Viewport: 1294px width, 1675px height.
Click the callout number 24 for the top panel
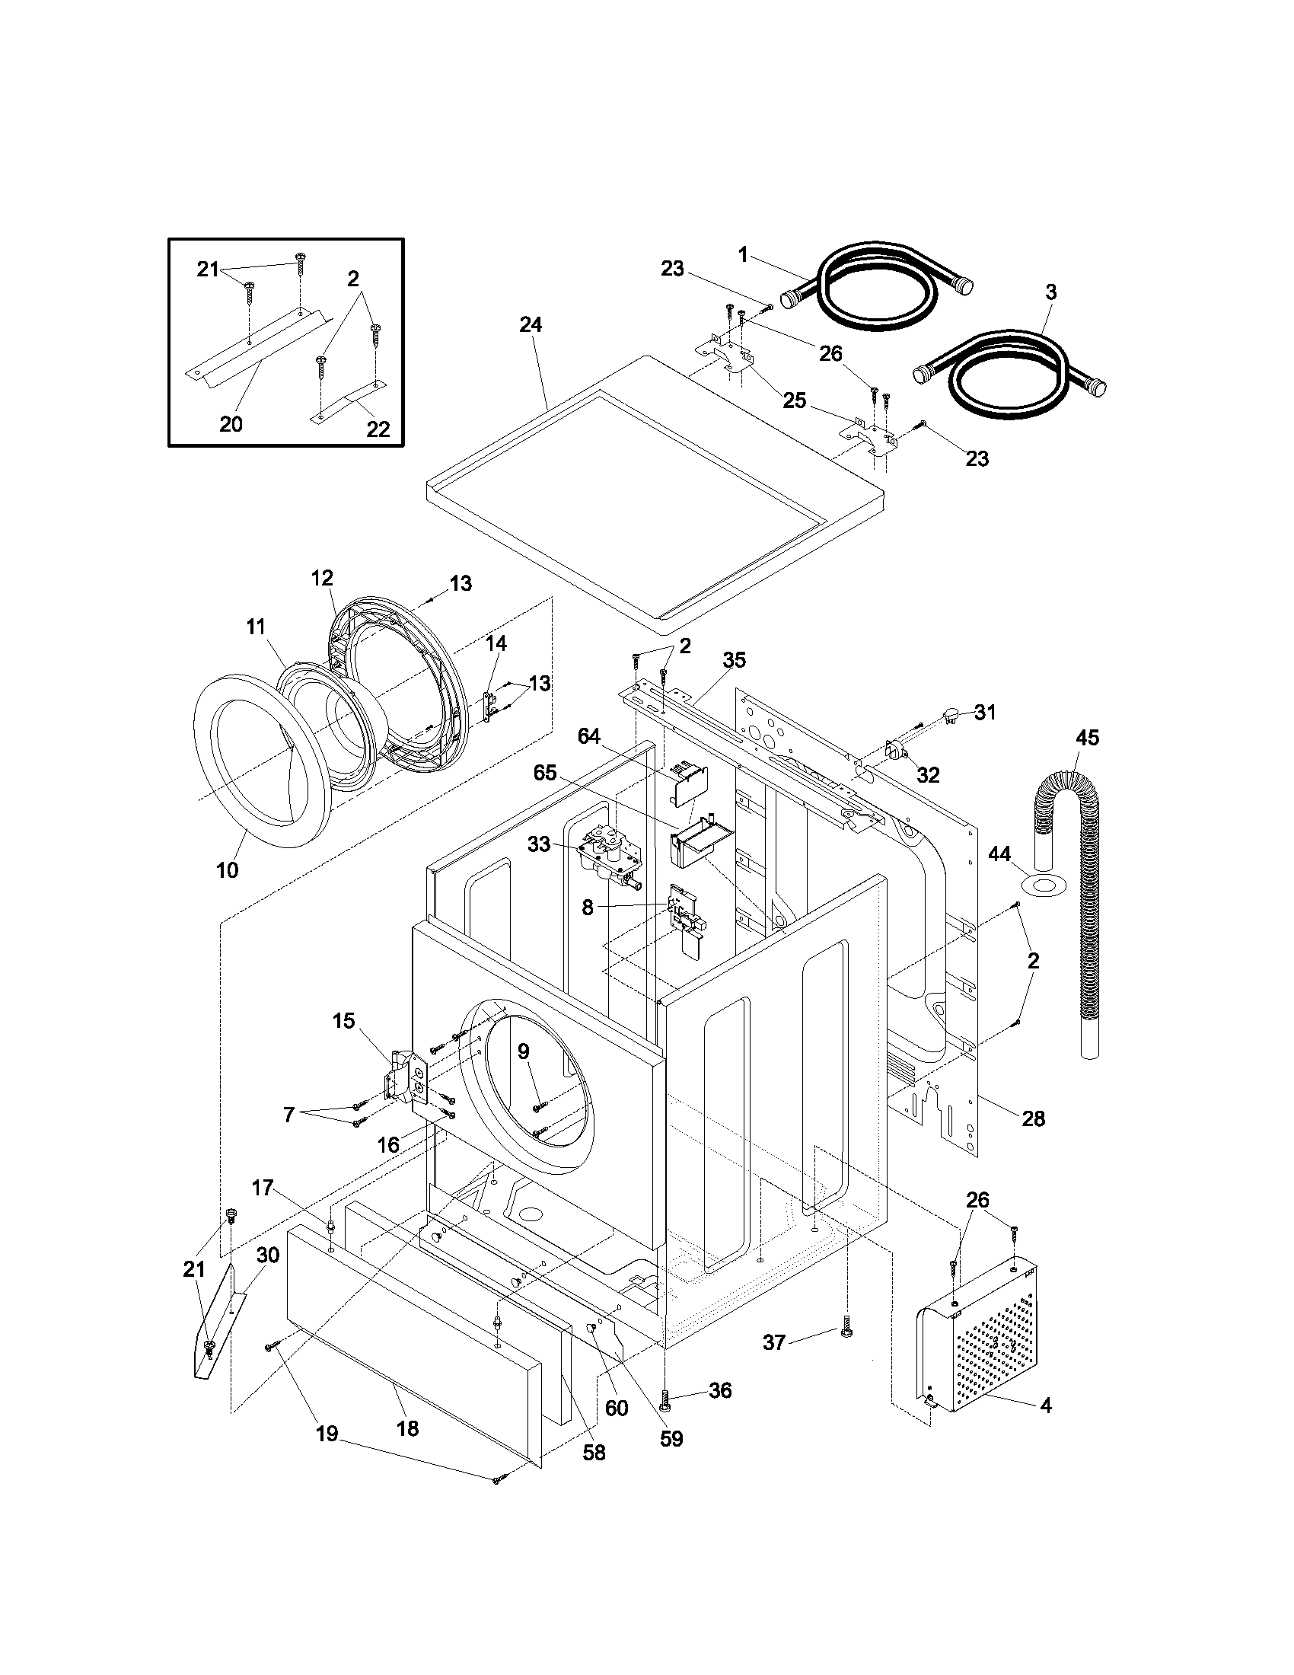(531, 325)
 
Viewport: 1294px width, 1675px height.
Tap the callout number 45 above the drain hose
(1087, 738)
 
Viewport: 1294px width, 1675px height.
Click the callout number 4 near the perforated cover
(1047, 1405)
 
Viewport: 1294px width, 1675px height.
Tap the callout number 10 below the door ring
(227, 869)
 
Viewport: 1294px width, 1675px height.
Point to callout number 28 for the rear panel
(1034, 1119)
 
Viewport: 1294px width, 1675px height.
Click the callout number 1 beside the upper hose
(742, 254)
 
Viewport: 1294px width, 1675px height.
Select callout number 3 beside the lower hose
(1051, 292)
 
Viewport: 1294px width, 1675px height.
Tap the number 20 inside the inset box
(231, 423)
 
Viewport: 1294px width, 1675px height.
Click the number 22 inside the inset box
(378, 429)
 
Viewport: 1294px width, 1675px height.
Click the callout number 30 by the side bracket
(267, 1255)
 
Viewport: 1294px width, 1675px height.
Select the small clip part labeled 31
(950, 716)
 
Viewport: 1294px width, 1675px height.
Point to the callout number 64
(588, 736)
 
